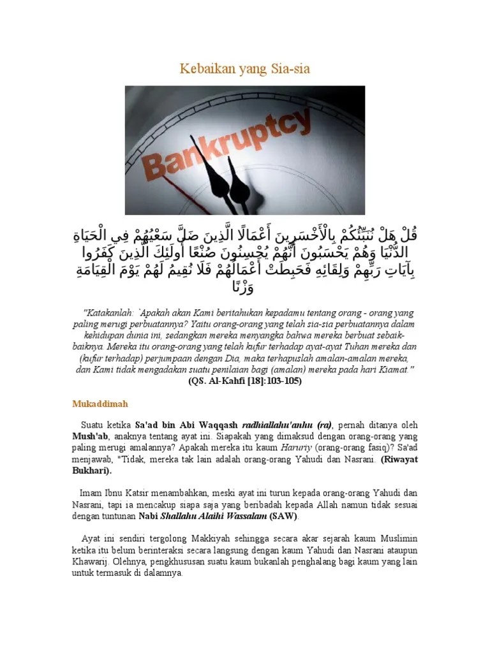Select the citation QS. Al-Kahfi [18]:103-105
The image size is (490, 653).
pyautogui.click(x=245, y=381)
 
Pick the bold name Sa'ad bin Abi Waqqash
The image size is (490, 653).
pyautogui.click(x=177, y=425)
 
